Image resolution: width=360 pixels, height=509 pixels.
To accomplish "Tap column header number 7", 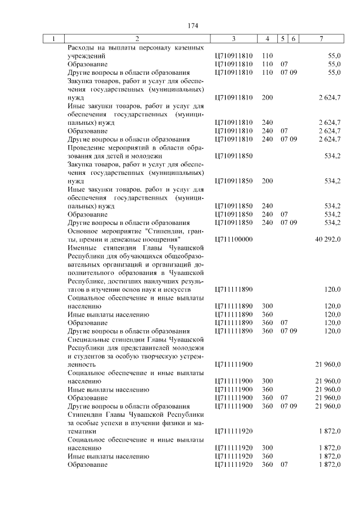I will point(321,39).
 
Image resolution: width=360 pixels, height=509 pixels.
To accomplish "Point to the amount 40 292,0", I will point(328,239).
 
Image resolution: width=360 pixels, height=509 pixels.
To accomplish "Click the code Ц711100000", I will point(234,239).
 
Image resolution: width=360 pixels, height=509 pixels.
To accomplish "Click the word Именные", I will point(82,247).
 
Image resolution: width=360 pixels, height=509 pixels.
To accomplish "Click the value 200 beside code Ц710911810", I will point(267,98).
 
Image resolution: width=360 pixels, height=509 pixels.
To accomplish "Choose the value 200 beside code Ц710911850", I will point(267,181).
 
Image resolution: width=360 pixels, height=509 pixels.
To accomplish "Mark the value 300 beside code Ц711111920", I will point(267,448).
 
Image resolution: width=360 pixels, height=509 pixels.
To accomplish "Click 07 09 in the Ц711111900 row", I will point(289,406).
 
